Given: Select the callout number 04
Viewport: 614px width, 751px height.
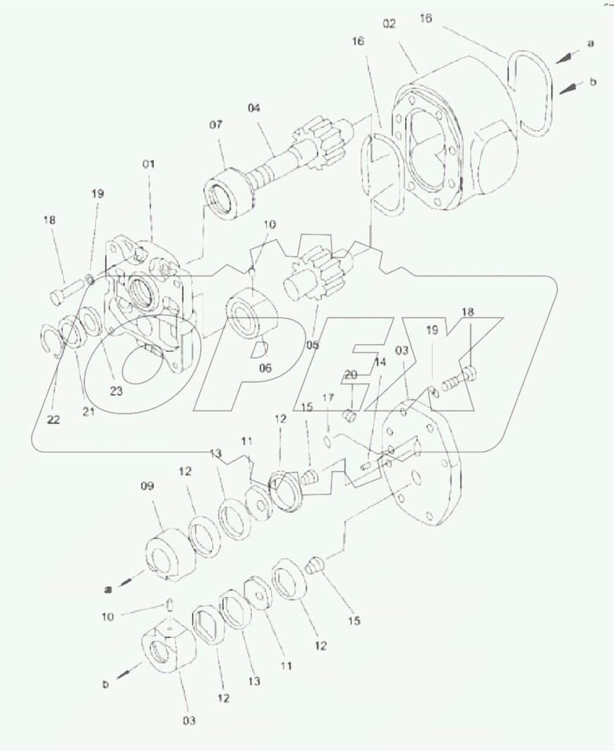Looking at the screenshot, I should tap(254, 108).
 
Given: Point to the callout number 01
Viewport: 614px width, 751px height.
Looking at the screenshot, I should tap(148, 165).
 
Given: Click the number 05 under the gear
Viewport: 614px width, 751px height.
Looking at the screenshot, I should tap(313, 345).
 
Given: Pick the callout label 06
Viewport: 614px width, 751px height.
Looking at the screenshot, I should tap(265, 368).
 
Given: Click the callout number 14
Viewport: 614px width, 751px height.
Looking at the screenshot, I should tap(380, 362).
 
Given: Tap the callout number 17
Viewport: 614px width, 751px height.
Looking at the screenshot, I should tap(327, 398).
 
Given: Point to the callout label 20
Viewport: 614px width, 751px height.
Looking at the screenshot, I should tap(351, 374).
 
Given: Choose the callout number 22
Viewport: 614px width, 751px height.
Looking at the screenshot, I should tap(54, 420).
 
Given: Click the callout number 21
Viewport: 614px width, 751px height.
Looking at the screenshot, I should tap(88, 412).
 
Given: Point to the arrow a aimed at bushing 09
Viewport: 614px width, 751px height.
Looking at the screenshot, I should tap(124, 583).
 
